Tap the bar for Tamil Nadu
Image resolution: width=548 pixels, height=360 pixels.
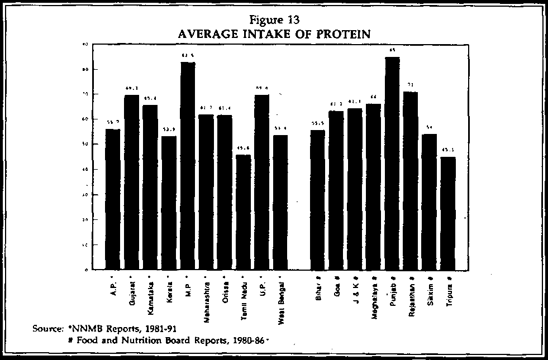[x=243, y=212]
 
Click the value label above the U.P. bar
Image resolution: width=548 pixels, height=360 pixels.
[x=261, y=88]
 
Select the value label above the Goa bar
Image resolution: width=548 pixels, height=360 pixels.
[x=336, y=104]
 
